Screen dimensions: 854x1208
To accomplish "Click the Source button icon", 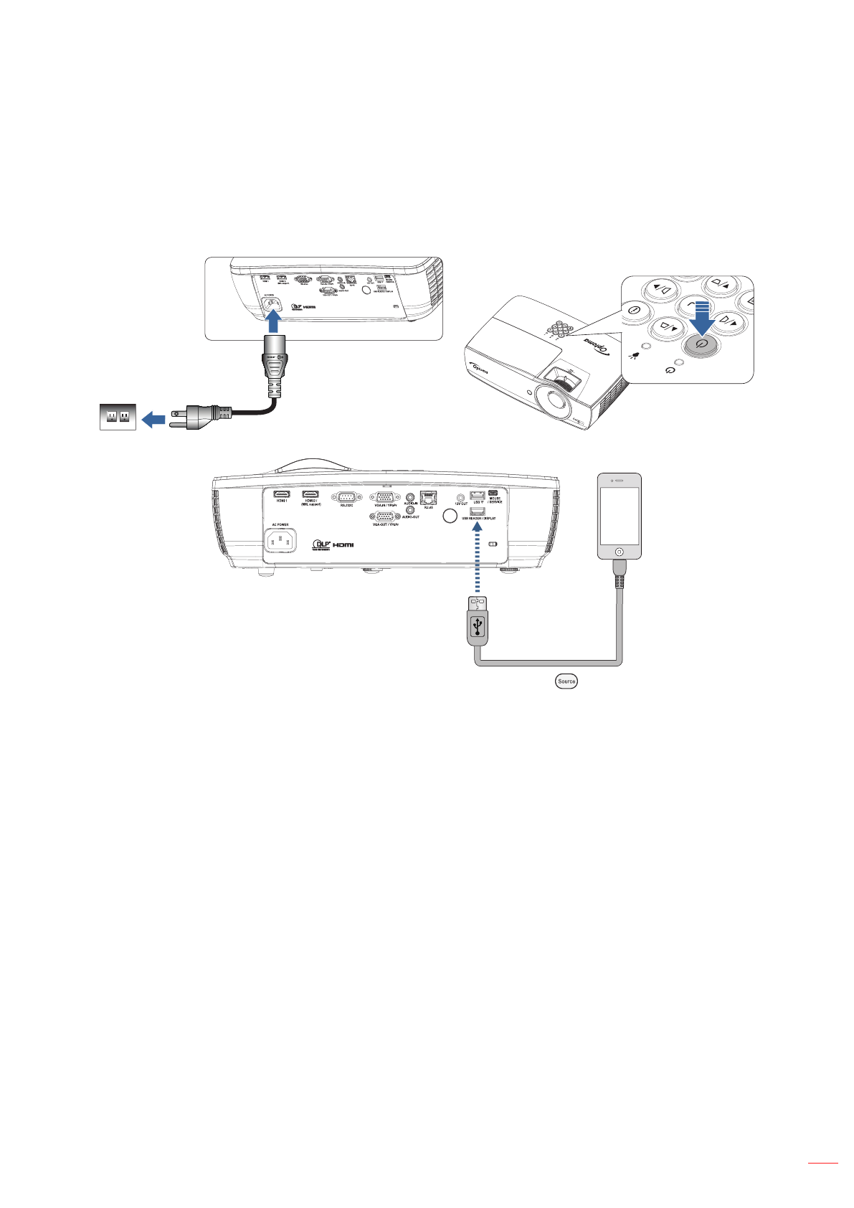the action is pyautogui.click(x=566, y=681).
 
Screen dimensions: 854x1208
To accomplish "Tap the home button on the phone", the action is pyautogui.click(x=620, y=553).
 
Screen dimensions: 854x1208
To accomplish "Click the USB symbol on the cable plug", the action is pyautogui.click(x=478, y=627).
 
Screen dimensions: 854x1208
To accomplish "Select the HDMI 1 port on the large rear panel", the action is pyautogui.click(x=282, y=494).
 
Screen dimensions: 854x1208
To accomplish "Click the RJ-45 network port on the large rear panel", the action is pyautogui.click(x=429, y=499).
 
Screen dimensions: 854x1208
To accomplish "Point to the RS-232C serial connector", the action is pyautogui.click(x=346, y=496).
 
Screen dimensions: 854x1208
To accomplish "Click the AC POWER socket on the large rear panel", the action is pyautogui.click(x=281, y=540).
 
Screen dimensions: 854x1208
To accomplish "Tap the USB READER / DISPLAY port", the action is pyautogui.click(x=478, y=511).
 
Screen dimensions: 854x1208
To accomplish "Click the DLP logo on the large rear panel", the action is pyautogui.click(x=322, y=544).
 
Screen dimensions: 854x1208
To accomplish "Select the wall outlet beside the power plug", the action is pyautogui.click(x=118, y=417).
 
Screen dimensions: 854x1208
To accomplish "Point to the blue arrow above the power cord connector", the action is pyautogui.click(x=275, y=323).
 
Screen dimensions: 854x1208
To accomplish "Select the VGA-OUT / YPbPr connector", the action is pyautogui.click(x=385, y=516).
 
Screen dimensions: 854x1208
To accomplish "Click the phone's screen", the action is pyautogui.click(x=620, y=515).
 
